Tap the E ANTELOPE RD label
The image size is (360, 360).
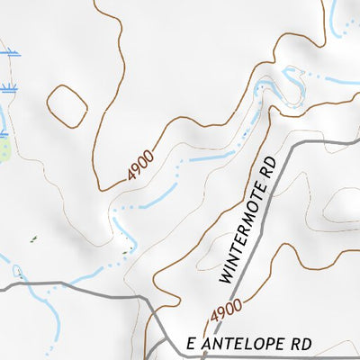(x=248, y=344)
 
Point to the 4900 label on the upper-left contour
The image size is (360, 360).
(x=140, y=165)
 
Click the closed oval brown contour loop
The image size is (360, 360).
(x=66, y=105)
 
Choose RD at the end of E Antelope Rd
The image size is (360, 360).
(x=301, y=344)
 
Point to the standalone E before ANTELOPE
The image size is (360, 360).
(x=190, y=344)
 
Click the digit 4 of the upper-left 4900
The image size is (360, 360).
(x=131, y=175)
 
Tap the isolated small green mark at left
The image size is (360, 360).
(x=33, y=239)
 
